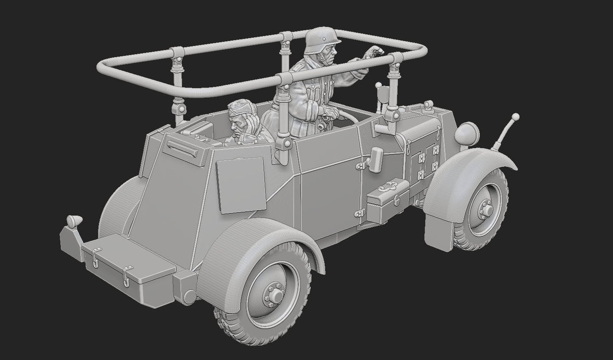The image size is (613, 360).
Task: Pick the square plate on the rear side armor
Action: pyautogui.click(x=239, y=184)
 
